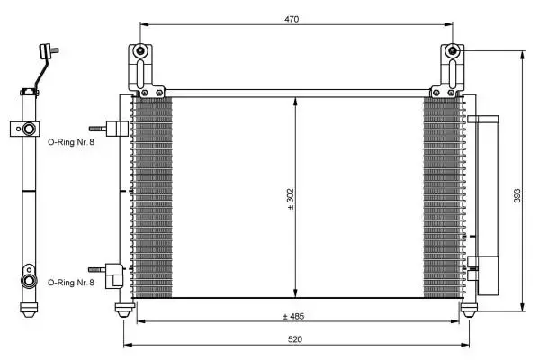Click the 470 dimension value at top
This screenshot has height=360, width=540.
click(x=291, y=17)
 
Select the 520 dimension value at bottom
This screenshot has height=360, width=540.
click(x=296, y=339)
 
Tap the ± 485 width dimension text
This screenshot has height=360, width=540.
click(x=296, y=316)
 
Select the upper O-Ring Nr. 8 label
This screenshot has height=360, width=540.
click(x=69, y=141)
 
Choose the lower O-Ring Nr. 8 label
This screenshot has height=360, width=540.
click(x=69, y=283)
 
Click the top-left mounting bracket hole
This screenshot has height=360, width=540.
click(x=141, y=54)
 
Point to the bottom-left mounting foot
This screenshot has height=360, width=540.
click(x=124, y=310)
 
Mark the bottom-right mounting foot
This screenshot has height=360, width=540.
click(x=469, y=310)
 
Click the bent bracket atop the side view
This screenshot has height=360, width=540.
click(x=40, y=67)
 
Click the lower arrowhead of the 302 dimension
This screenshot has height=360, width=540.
click(x=296, y=294)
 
